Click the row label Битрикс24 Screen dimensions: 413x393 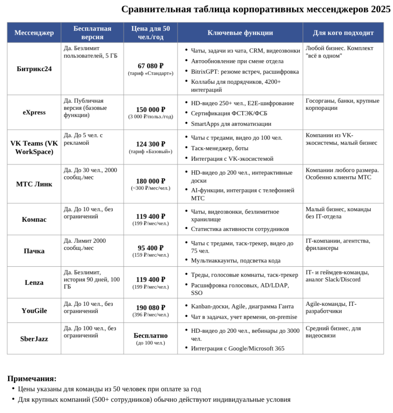(34, 69)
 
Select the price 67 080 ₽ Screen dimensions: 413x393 (150, 66)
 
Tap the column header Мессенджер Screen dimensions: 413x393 (34, 33)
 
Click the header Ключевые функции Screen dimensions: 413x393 (240, 33)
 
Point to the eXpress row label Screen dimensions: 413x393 (34, 112)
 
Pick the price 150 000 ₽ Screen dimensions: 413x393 (150, 110)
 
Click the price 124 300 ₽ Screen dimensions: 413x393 (150, 144)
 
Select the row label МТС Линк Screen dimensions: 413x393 (34, 184)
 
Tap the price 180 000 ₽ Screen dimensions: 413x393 (150, 181)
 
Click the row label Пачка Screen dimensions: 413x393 (34, 251)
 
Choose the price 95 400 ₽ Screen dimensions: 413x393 (150, 248)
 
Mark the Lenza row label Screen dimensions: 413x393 (34, 282)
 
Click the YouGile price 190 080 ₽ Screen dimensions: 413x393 (150, 307)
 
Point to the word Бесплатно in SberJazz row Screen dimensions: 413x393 (150, 336)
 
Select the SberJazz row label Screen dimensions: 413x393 (34, 339)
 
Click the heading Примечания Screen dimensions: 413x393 (32, 379)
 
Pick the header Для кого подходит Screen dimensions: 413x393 (343, 33)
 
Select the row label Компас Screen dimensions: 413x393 (34, 219)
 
